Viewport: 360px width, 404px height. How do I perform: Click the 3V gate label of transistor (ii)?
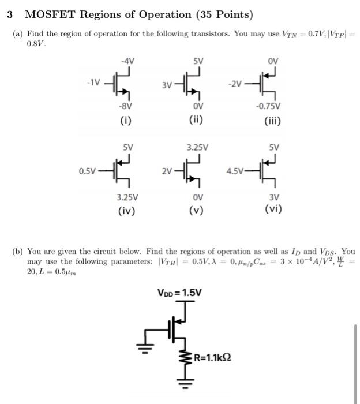167,86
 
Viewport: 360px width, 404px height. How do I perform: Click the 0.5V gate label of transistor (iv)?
87,171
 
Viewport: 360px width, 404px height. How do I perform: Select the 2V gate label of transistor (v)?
166,171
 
